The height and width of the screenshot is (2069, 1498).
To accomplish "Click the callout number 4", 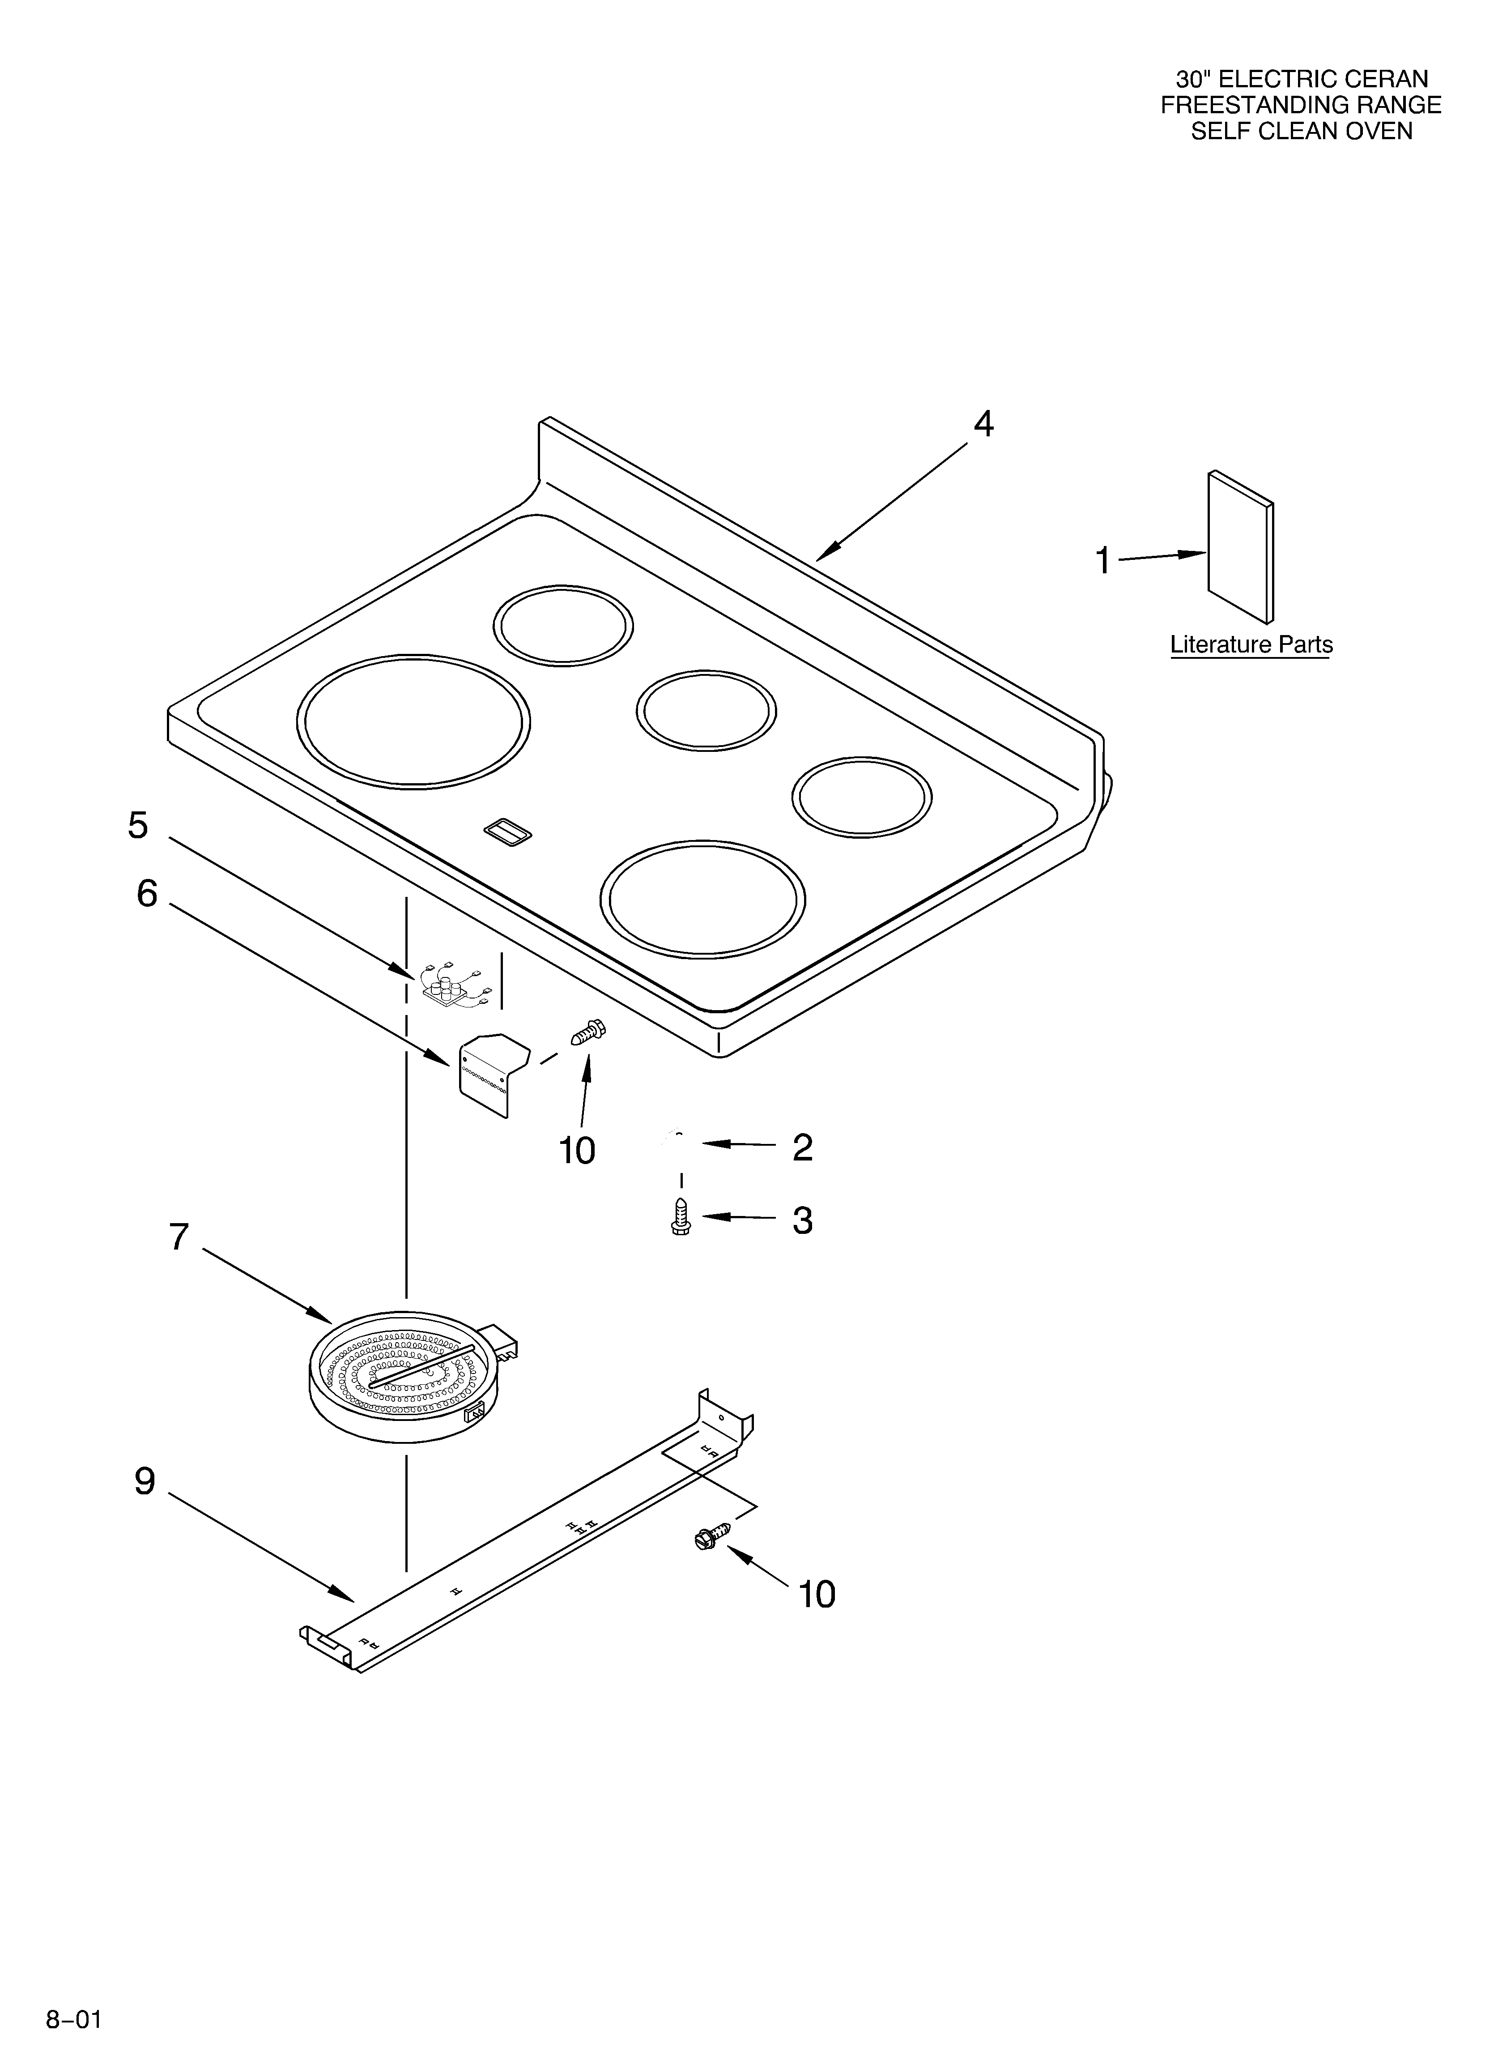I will (x=983, y=424).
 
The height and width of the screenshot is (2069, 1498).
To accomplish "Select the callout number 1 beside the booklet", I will (x=1103, y=561).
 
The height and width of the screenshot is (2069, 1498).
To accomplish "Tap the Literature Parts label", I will (x=1251, y=645).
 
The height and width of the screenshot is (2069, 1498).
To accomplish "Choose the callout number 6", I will (x=147, y=894).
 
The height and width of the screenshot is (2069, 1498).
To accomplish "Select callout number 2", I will (x=802, y=1148).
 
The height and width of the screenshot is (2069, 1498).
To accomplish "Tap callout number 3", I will (x=802, y=1220).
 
